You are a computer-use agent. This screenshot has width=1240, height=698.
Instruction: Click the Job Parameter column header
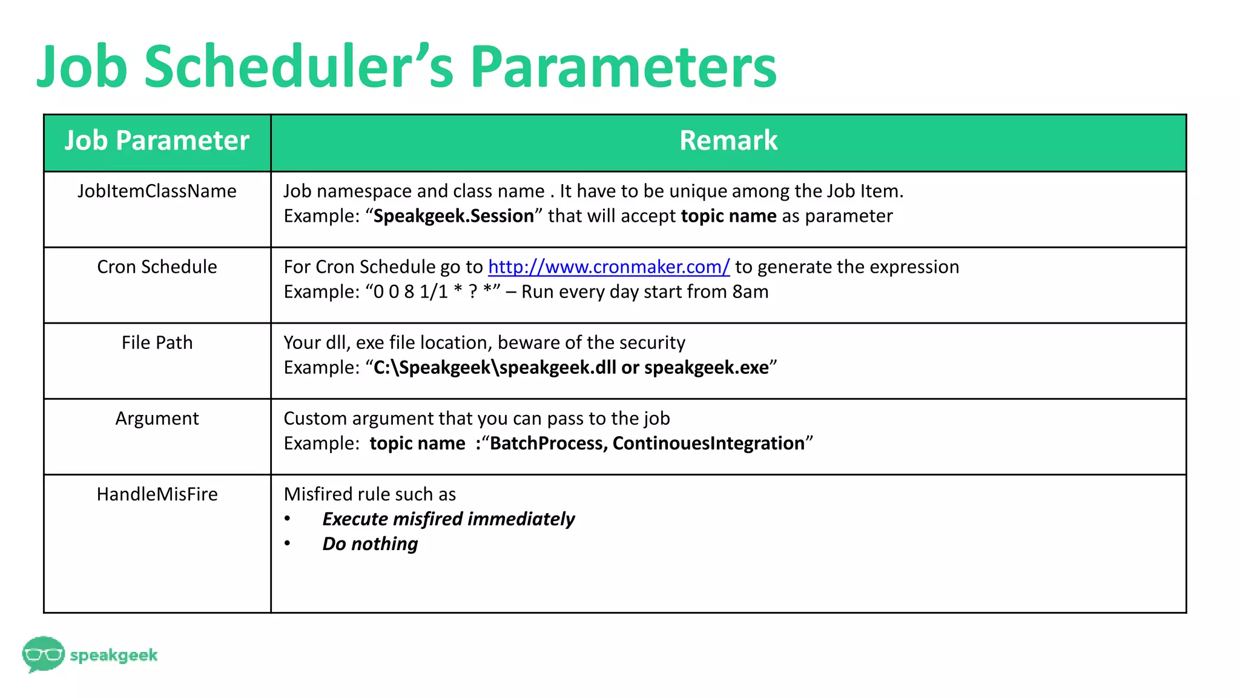click(157, 141)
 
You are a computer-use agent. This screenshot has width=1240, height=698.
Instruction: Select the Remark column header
click(728, 141)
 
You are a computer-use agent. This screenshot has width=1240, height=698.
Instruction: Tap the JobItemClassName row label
click(157, 191)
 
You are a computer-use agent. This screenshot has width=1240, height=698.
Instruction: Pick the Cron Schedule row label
click(157, 267)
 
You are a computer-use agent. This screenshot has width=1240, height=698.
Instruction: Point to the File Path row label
click(157, 342)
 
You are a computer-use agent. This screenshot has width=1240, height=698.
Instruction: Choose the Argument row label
click(157, 418)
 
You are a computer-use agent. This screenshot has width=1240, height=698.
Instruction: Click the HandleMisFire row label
click(157, 494)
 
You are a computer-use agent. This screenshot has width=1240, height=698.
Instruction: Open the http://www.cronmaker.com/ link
click(608, 267)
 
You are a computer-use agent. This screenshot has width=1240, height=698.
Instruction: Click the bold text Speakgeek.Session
click(453, 216)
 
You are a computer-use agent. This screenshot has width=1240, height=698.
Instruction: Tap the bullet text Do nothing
click(370, 543)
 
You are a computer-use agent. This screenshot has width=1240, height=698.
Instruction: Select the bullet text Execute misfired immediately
click(448, 519)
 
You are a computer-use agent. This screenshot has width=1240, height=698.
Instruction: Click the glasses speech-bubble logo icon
click(43, 654)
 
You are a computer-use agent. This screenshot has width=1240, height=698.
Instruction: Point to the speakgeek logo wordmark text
click(114, 655)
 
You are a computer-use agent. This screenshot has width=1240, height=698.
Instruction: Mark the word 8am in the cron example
click(750, 291)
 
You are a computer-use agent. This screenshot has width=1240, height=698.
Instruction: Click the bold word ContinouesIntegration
click(708, 443)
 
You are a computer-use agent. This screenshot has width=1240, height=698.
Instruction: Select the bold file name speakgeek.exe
click(706, 367)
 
